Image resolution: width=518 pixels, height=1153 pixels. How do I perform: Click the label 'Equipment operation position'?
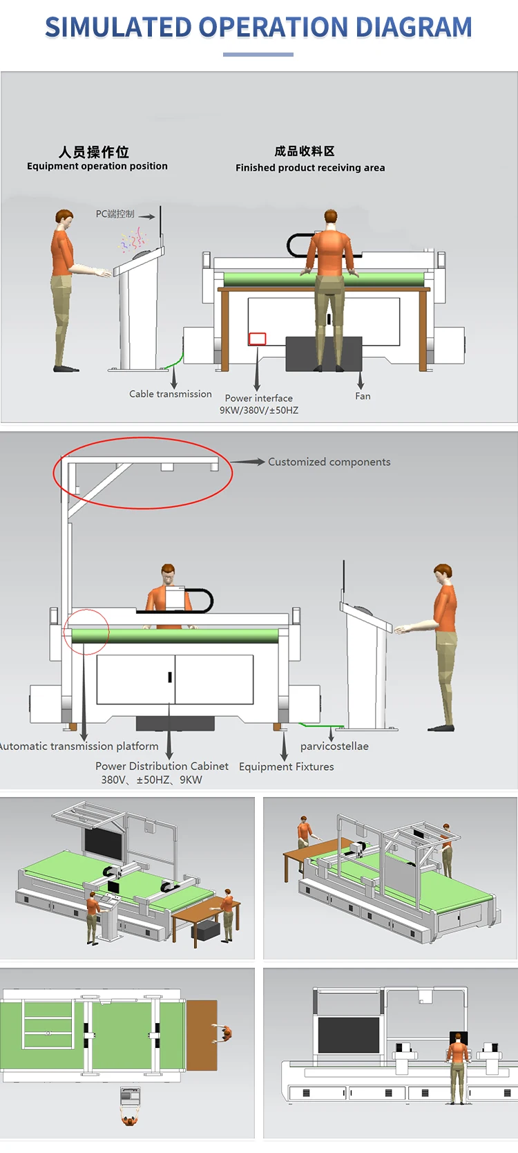(x=97, y=167)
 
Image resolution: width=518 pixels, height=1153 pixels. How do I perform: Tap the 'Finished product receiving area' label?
(x=310, y=168)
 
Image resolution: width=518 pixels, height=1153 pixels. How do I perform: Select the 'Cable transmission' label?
(x=171, y=394)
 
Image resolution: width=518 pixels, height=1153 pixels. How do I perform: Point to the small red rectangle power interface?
(x=257, y=339)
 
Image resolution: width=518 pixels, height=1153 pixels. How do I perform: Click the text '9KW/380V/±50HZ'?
(x=259, y=411)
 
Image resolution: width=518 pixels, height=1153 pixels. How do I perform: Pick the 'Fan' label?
(x=363, y=396)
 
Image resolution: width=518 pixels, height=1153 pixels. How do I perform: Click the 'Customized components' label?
(x=329, y=462)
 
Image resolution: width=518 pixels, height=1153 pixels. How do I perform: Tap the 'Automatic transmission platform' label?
(x=79, y=747)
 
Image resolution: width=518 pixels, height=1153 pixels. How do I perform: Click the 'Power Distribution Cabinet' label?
(x=162, y=767)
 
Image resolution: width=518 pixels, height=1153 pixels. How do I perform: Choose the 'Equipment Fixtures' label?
(x=286, y=767)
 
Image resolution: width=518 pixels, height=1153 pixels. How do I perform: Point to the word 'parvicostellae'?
(x=334, y=747)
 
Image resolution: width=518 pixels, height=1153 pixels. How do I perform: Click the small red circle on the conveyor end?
(x=86, y=632)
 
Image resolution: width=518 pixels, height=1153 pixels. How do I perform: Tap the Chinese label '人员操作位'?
(x=94, y=151)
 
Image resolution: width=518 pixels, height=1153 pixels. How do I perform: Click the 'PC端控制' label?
(x=115, y=214)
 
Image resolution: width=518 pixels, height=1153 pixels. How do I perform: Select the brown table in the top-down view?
(x=201, y=1033)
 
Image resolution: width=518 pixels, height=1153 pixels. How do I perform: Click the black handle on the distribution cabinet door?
(x=170, y=677)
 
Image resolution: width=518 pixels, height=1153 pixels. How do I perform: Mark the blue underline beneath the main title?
(x=258, y=54)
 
